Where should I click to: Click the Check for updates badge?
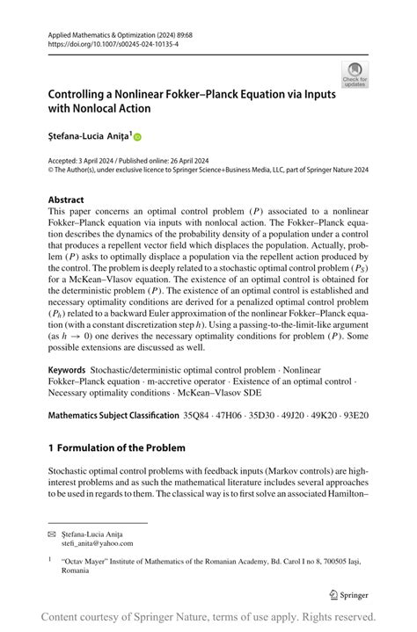(x=355, y=74)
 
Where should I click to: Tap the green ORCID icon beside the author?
(x=137, y=137)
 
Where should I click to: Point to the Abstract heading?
(x=66, y=200)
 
